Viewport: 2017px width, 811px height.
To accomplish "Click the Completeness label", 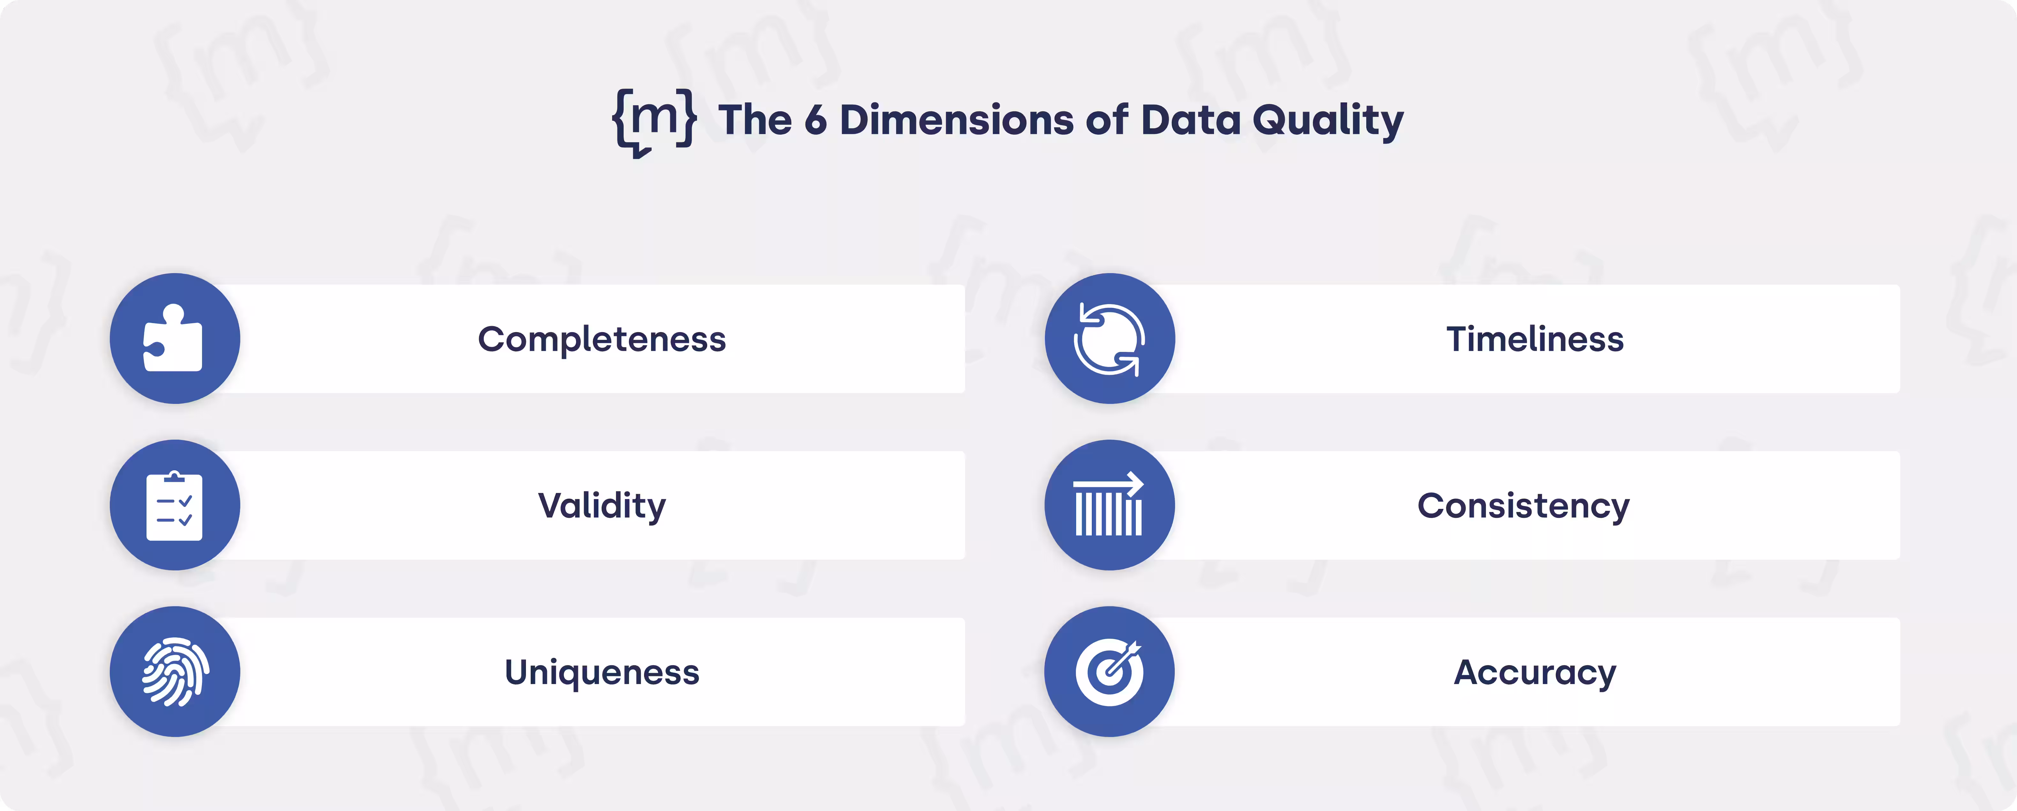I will click(601, 339).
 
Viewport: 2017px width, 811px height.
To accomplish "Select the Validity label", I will click(601, 506).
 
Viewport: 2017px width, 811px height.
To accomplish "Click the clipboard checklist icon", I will click(174, 506).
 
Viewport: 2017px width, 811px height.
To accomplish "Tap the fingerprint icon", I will click(174, 672).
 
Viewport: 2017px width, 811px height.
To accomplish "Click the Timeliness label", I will click(1535, 339).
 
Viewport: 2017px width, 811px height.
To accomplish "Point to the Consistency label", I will click(1523, 506).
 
